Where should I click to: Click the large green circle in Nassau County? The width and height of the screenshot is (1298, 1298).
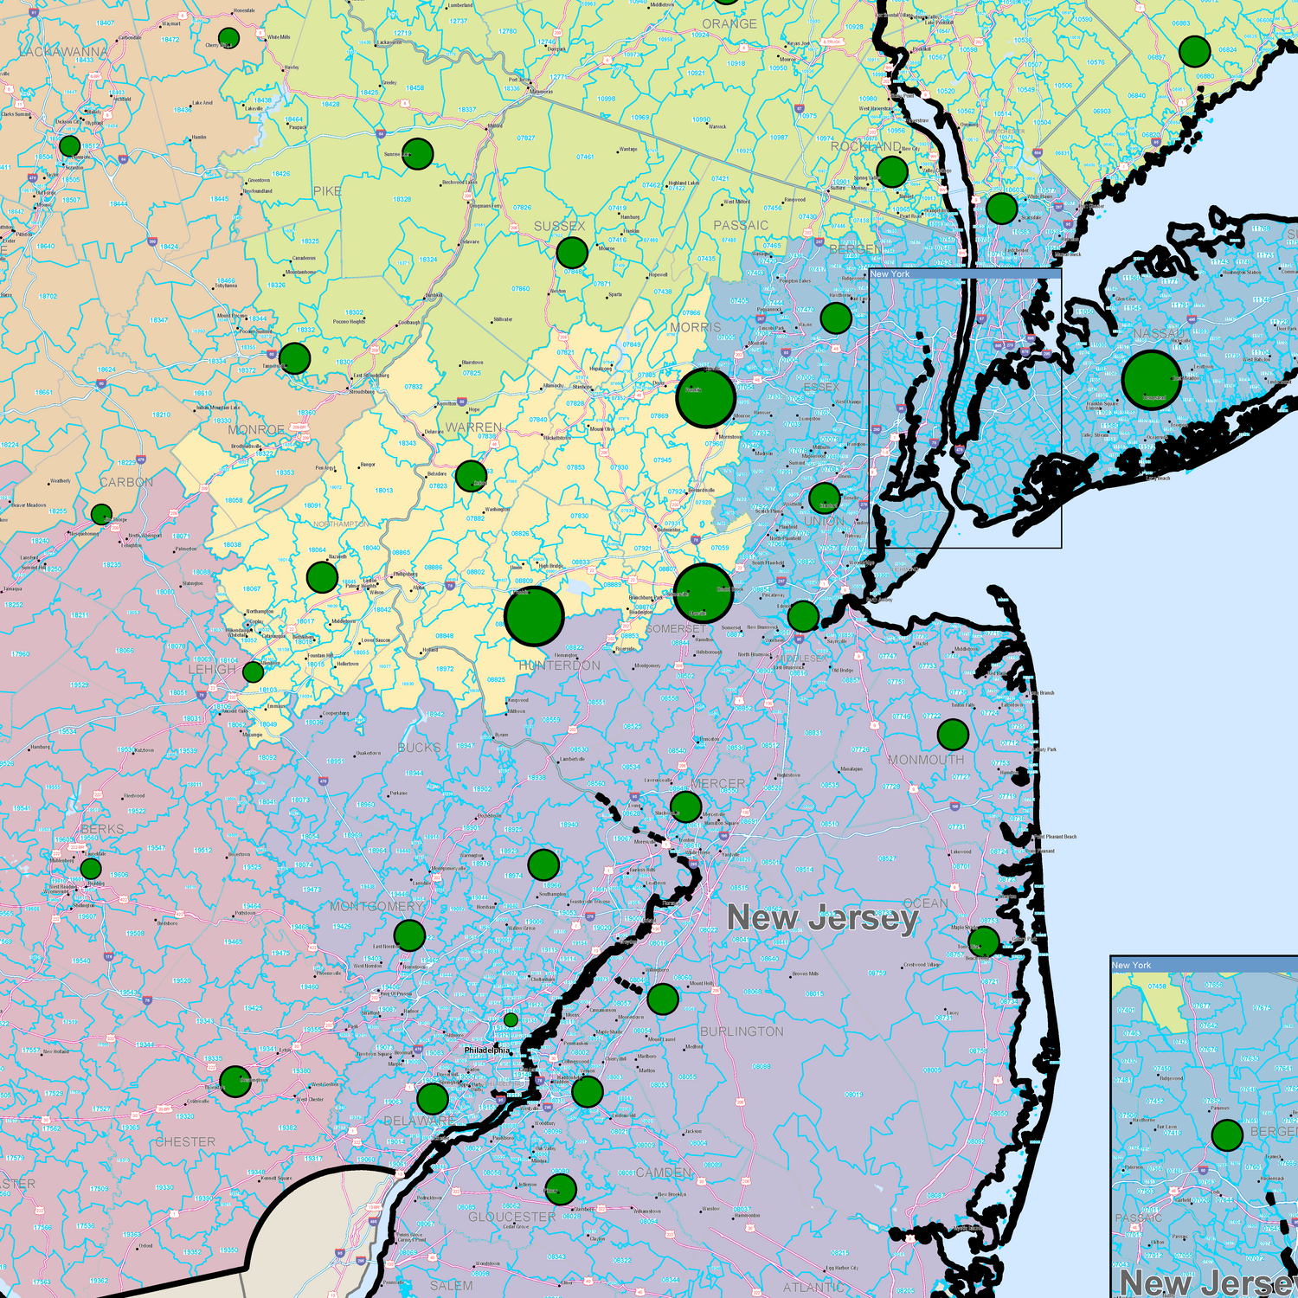tap(1152, 380)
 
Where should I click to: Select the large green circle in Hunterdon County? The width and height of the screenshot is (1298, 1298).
tap(535, 616)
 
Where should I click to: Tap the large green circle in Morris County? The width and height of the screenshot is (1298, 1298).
tap(706, 397)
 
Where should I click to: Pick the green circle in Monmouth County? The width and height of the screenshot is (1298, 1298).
tap(953, 735)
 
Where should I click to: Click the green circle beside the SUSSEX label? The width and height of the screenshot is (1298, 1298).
tap(572, 253)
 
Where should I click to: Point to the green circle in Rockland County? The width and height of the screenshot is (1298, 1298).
tap(892, 171)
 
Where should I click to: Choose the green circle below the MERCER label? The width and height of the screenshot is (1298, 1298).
tap(685, 807)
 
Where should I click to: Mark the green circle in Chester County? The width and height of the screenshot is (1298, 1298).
tap(235, 1081)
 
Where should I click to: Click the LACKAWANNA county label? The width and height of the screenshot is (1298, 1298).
tap(64, 52)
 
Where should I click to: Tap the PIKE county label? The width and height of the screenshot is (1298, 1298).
tap(327, 190)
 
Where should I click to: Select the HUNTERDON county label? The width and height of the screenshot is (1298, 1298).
tap(559, 665)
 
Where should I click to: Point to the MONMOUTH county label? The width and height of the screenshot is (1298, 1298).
tap(926, 760)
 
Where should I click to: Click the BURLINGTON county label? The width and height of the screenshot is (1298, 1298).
tap(742, 1031)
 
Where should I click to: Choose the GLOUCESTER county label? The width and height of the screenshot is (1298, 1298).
tap(512, 1217)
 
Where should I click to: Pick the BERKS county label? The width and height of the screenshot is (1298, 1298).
tap(102, 829)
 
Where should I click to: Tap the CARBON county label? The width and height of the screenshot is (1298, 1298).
tap(126, 482)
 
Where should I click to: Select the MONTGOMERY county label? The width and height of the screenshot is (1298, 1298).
tap(377, 906)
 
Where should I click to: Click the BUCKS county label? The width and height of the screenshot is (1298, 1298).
tap(419, 748)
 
